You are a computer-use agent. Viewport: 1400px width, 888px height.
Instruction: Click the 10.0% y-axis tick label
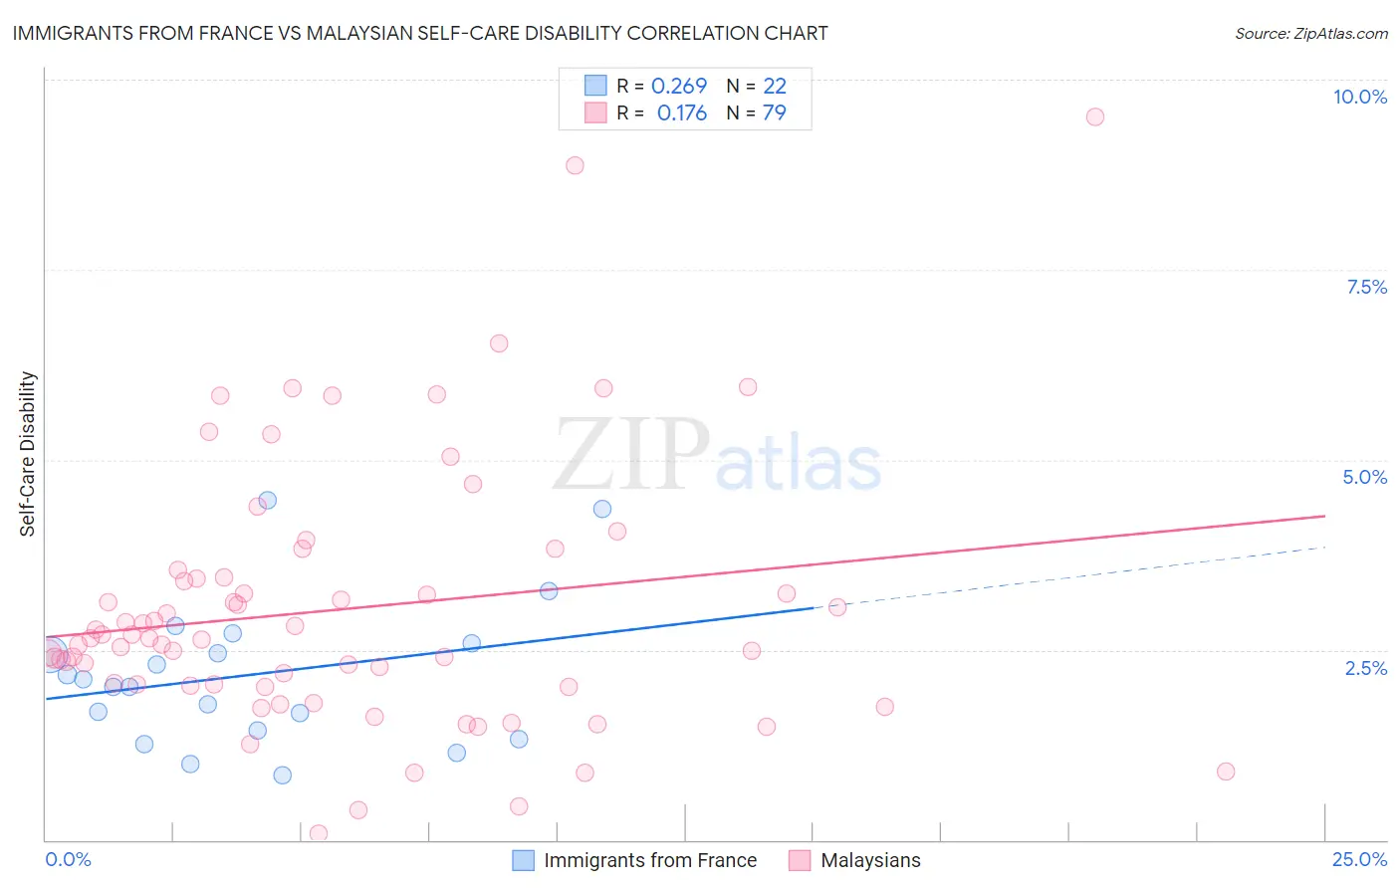coord(1359,97)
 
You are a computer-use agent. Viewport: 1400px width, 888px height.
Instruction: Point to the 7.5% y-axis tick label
coord(1366,287)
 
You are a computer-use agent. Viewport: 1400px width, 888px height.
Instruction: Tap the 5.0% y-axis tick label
coord(1364,477)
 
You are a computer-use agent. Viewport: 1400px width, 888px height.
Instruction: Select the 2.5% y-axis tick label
coord(1365,668)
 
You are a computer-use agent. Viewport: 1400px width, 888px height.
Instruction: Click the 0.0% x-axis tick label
coord(68,859)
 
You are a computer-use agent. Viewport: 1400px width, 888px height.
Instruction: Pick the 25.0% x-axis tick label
coord(1359,859)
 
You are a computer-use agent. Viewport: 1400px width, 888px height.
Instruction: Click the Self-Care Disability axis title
coord(28,454)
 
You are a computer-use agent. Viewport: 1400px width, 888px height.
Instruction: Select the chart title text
coord(419,33)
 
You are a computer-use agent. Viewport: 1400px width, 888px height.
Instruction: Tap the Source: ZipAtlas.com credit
coord(1310,33)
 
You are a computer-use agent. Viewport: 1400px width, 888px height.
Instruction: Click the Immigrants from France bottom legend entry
coord(650,860)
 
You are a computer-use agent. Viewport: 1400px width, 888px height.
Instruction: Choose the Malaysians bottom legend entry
coord(870,860)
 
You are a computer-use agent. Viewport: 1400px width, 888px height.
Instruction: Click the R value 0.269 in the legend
coord(679,87)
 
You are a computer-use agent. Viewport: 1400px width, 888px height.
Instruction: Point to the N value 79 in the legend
coord(774,112)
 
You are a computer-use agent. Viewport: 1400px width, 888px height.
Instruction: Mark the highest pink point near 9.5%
coord(1094,116)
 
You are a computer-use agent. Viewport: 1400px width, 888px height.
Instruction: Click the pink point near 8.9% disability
coord(575,165)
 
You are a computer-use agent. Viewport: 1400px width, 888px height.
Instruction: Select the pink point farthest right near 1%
coord(1226,772)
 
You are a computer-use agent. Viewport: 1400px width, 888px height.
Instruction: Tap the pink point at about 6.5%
coord(499,343)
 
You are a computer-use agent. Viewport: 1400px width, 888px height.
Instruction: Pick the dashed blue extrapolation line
coord(1075,575)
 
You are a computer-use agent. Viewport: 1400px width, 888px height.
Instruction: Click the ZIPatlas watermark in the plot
coord(717,456)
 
